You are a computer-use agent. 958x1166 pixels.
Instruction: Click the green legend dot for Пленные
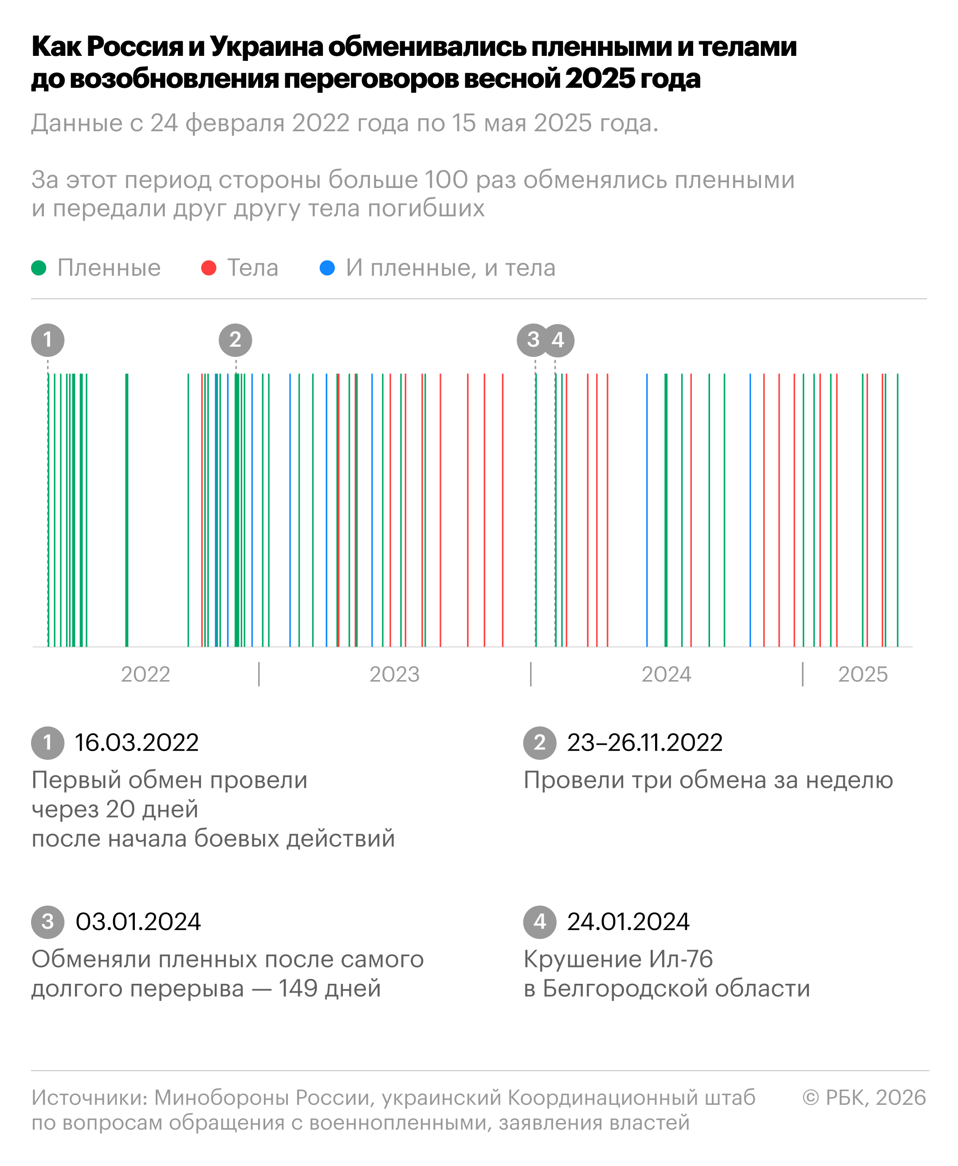39,268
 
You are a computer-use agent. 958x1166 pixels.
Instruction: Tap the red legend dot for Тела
208,268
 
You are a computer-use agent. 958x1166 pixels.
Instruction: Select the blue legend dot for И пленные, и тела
327,268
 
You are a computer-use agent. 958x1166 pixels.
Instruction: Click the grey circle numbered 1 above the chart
48,340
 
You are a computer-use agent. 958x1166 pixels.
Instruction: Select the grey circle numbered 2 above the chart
236,340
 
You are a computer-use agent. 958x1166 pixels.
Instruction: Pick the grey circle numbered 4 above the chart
559,340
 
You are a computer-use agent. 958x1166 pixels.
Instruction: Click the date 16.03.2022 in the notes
136,743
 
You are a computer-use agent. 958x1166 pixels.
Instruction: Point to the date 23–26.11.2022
644,743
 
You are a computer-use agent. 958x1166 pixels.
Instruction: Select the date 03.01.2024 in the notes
138,922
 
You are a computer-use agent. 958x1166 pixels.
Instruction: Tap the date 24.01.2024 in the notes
628,922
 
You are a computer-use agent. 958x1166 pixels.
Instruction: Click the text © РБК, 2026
864,1098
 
